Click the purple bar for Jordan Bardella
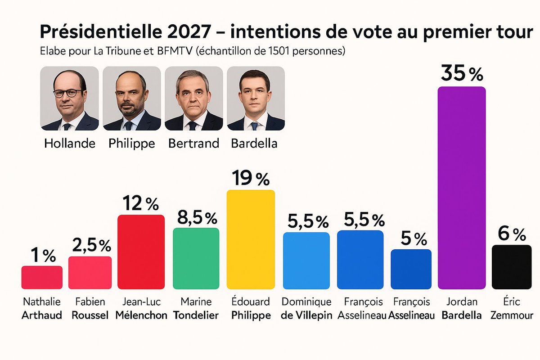click(462, 188)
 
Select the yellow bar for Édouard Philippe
click(250, 239)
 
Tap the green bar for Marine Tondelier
click(196, 258)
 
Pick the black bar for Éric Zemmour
click(512, 267)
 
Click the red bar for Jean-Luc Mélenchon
click(141, 252)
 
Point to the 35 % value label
click(462, 73)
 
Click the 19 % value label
click(250, 179)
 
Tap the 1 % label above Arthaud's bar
click(43, 256)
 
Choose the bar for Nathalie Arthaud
click(42, 277)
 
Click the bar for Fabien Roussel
click(90, 273)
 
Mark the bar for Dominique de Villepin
click(306, 261)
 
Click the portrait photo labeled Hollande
click(69, 99)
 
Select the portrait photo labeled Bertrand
click(193, 99)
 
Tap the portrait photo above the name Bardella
click(256, 99)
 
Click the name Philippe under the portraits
click(131, 144)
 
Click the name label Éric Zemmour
click(512, 308)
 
